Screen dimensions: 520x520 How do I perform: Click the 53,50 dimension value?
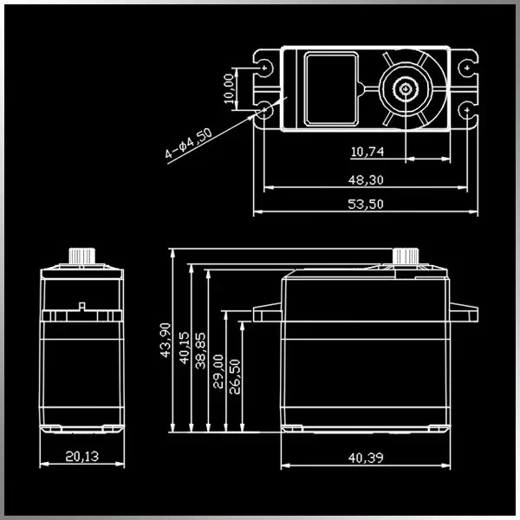coord(367,204)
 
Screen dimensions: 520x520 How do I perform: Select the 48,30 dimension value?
coord(367,179)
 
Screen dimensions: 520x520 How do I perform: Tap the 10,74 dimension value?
coord(367,153)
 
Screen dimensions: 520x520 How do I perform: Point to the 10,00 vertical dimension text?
coord(228,88)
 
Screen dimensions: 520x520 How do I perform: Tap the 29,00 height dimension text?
coord(218,370)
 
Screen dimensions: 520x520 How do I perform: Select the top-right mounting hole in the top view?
coord(467,67)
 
